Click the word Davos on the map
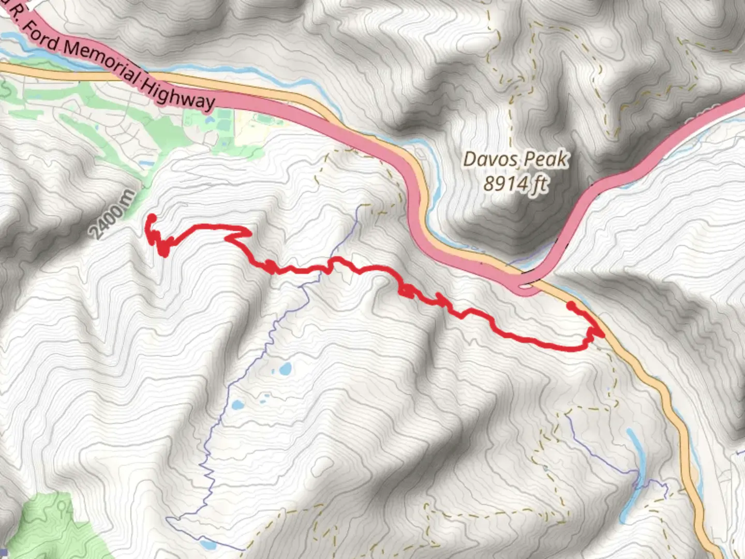[x=487, y=158]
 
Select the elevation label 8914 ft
[x=515, y=183]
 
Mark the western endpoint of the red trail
[x=152, y=218]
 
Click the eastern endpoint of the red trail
[x=571, y=306]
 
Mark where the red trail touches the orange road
[x=601, y=334]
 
